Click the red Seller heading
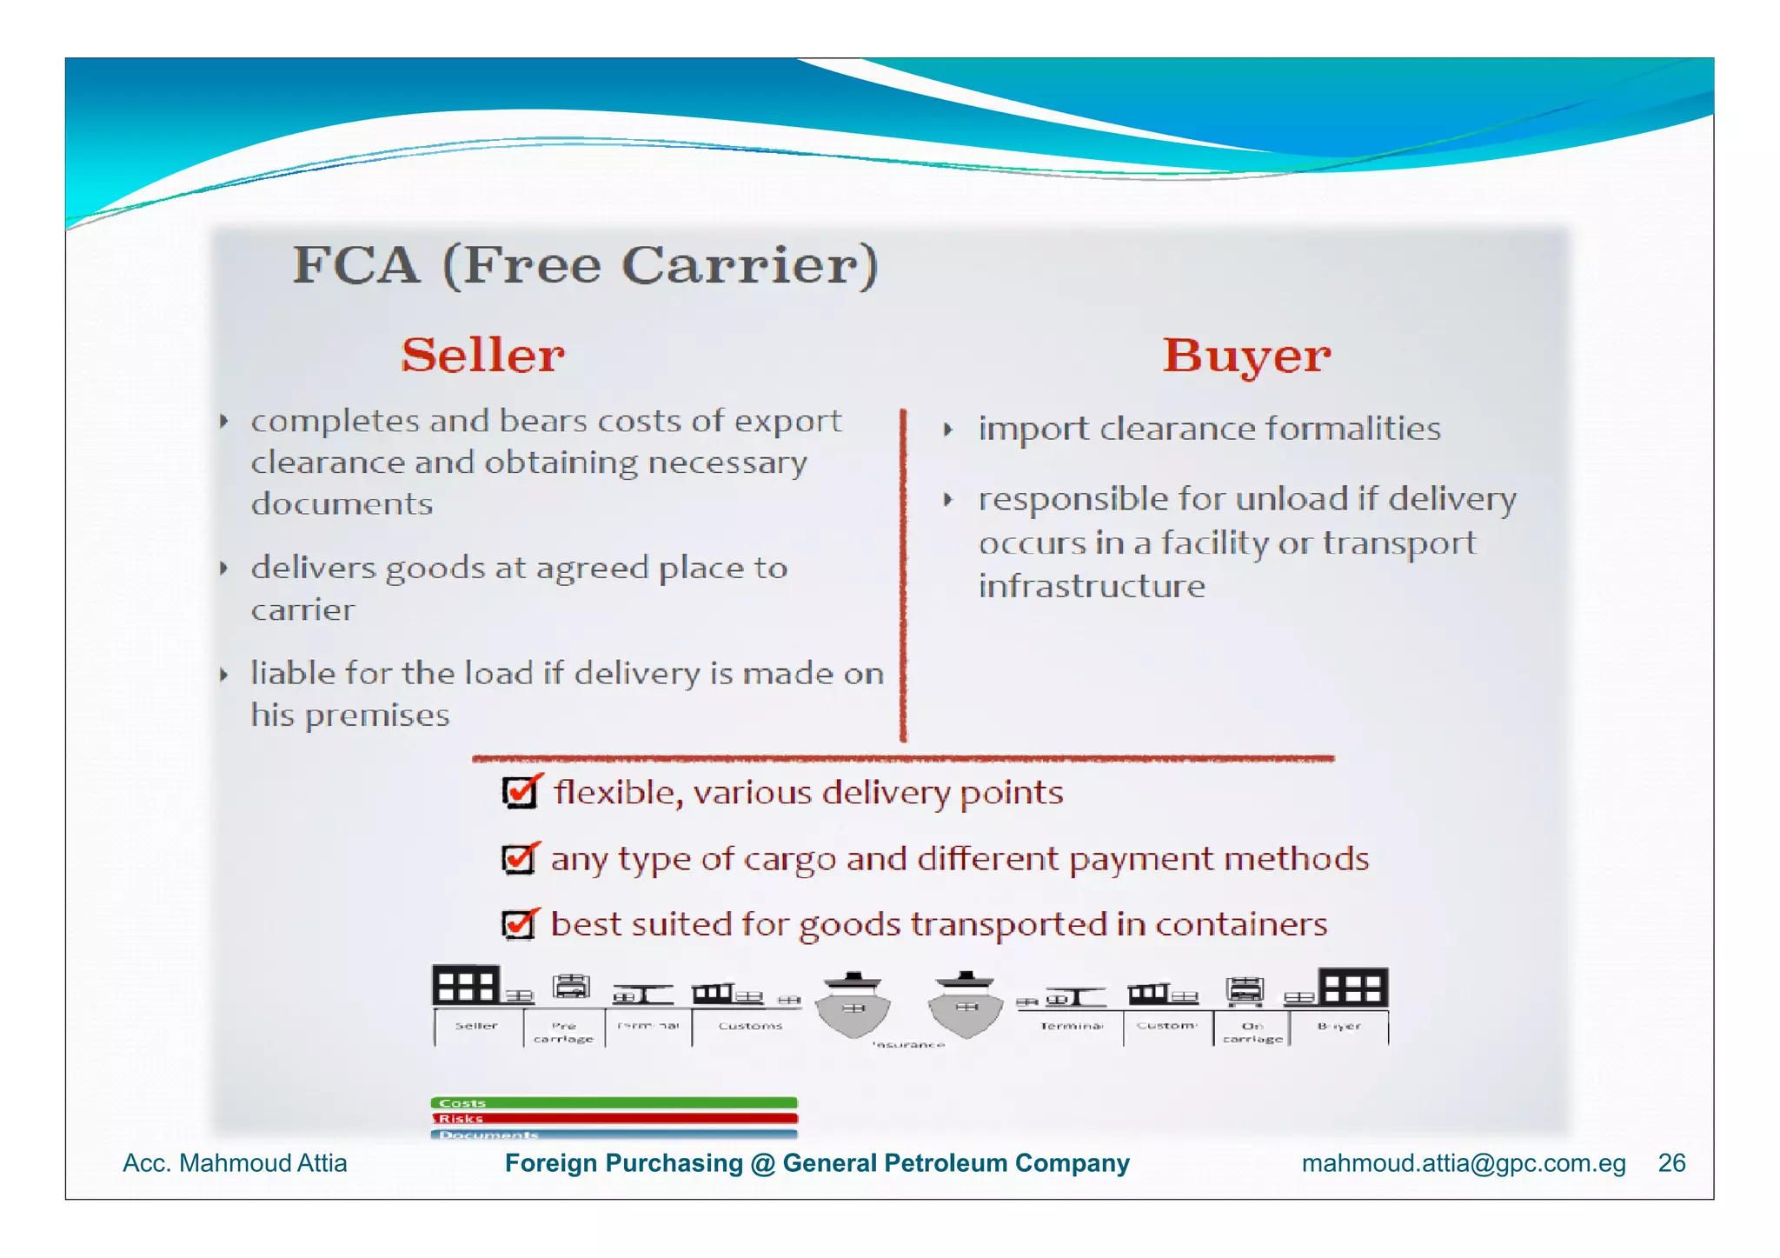pyautogui.click(x=482, y=355)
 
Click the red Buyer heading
pyautogui.click(x=1246, y=356)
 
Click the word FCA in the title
pyautogui.click(x=355, y=265)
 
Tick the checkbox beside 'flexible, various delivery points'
pyautogui.click(x=520, y=791)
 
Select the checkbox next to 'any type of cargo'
pyautogui.click(x=519, y=858)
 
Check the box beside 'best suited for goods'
pyautogui.click(x=519, y=923)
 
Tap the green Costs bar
pyautogui.click(x=614, y=1102)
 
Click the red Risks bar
pyautogui.click(x=614, y=1118)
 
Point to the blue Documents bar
pyautogui.click(x=614, y=1134)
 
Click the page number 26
pyautogui.click(x=1671, y=1162)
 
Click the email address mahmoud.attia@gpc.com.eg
pyautogui.click(x=1463, y=1162)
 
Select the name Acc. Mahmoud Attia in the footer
pyautogui.click(x=235, y=1162)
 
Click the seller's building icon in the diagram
pyautogui.click(x=467, y=986)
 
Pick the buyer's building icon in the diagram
pyautogui.click(x=1353, y=988)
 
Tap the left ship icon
pyautogui.click(x=853, y=1006)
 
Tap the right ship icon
pyautogui.click(x=965, y=1006)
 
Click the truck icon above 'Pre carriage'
pyautogui.click(x=571, y=987)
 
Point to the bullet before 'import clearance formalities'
pyautogui.click(x=948, y=429)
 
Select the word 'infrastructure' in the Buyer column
pyautogui.click(x=1092, y=586)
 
